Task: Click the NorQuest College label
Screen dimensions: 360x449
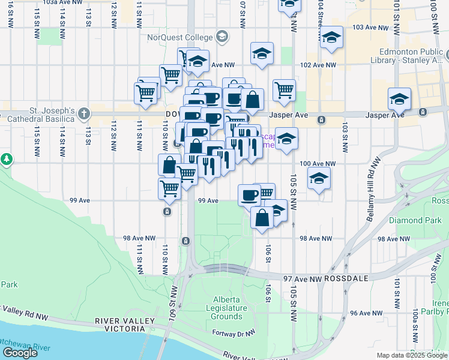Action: pyautogui.click(x=180, y=37)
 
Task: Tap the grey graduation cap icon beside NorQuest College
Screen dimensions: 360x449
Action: pyautogui.click(x=222, y=37)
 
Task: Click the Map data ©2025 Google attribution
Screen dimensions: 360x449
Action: pyautogui.click(x=412, y=355)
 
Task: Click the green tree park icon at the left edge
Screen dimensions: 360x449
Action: pyautogui.click(x=7, y=160)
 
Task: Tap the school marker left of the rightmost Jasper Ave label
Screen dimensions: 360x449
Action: pyautogui.click(x=399, y=98)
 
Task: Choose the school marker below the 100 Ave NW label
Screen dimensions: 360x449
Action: pyautogui.click(x=319, y=178)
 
